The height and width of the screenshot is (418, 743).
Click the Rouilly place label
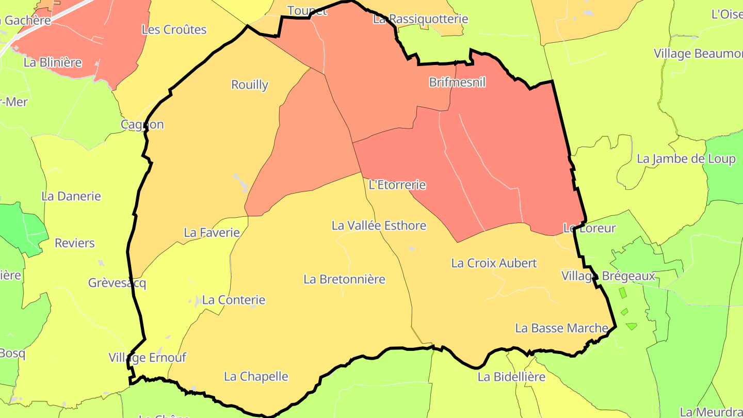[x=250, y=85]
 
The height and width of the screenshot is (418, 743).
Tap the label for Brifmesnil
[x=457, y=82]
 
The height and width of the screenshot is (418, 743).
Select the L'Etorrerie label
[x=397, y=185]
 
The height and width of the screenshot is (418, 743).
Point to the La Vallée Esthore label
[x=379, y=226]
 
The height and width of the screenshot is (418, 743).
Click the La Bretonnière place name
[x=344, y=280]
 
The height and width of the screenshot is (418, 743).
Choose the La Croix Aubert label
[x=494, y=263]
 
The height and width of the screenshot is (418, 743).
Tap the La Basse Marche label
[x=562, y=328]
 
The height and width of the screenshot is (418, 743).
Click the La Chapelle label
[x=256, y=377]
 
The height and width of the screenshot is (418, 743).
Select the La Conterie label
[x=234, y=300]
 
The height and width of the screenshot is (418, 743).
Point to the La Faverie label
[x=212, y=233]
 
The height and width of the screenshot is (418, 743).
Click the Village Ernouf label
[x=147, y=358]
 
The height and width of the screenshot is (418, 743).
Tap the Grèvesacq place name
[x=117, y=283]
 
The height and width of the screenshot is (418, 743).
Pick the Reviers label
[x=75, y=243]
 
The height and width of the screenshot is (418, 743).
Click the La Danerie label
[x=71, y=197]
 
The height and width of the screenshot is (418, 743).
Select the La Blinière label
[x=53, y=62]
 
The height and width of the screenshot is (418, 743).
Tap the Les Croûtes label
[x=174, y=30]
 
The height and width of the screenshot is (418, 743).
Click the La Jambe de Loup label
[x=686, y=159]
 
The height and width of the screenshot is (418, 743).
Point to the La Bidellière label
[x=511, y=377]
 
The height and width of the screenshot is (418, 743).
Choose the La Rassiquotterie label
[x=421, y=20]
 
